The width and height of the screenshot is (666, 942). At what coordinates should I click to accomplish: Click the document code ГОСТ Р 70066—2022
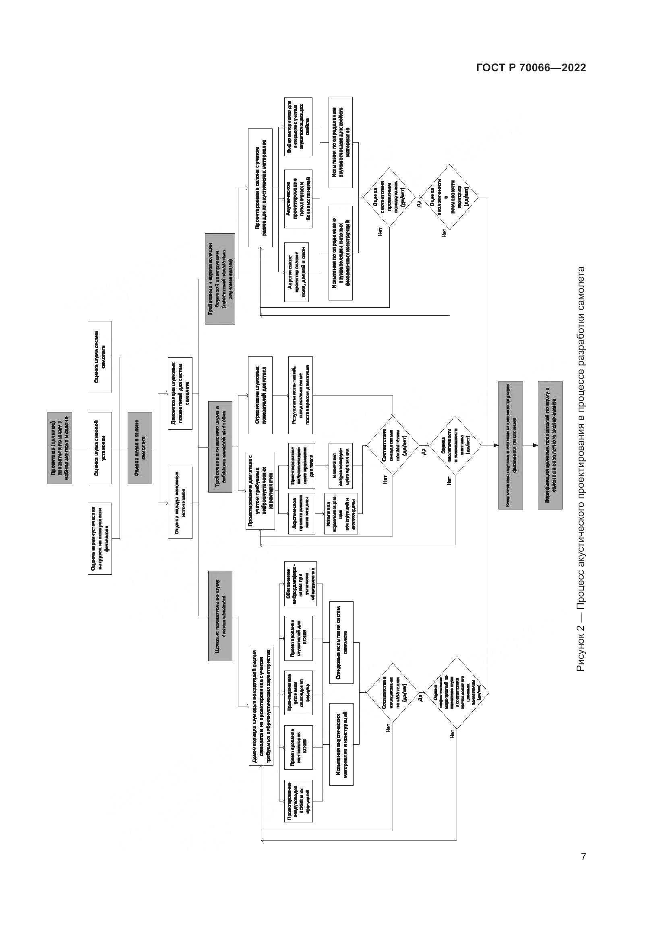tap(531, 68)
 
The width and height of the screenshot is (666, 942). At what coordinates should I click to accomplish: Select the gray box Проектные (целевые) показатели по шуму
tap(60, 448)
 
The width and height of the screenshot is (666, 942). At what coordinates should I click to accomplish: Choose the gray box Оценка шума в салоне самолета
tap(139, 448)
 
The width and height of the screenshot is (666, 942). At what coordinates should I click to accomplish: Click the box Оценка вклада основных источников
tap(180, 503)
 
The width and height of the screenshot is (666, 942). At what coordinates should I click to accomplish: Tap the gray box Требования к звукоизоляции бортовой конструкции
tap(220, 279)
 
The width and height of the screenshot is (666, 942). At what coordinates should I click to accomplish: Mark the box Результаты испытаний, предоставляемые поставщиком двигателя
tap(300, 395)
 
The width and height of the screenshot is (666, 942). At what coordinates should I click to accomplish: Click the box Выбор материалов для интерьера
tap(298, 127)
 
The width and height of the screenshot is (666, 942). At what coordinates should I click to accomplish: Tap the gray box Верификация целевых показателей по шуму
tap(550, 445)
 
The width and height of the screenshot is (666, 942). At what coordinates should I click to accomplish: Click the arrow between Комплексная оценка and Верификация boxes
tap(531, 445)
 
